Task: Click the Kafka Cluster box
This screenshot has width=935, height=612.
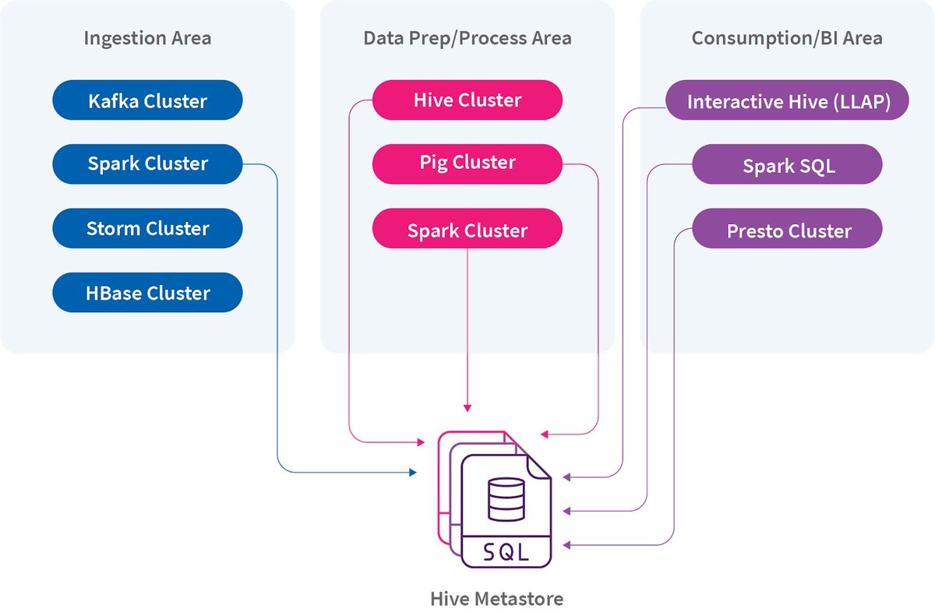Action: (x=147, y=100)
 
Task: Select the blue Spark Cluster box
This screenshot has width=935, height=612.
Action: (x=147, y=164)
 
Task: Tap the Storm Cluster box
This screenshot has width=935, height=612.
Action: (x=147, y=228)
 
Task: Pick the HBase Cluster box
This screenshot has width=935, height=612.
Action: (x=147, y=293)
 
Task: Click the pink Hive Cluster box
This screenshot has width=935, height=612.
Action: (x=467, y=100)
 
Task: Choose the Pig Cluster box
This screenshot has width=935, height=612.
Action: (x=467, y=163)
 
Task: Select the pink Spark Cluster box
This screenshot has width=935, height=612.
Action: (x=467, y=230)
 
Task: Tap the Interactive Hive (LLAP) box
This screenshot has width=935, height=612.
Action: (x=787, y=101)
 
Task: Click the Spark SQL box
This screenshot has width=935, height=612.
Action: (x=787, y=166)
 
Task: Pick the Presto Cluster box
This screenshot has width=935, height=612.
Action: (x=787, y=230)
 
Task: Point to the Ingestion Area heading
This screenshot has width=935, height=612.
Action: (x=147, y=38)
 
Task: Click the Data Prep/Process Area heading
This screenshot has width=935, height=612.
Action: (x=467, y=38)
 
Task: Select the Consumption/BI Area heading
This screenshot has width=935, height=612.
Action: (x=787, y=38)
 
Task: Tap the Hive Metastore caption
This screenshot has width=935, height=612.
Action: (x=496, y=599)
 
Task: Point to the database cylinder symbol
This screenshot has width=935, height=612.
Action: (x=506, y=501)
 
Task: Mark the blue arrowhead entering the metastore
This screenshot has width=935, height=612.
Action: (x=414, y=472)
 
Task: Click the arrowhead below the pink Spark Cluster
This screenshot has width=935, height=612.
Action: (x=467, y=407)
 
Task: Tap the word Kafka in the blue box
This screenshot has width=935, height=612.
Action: (x=115, y=100)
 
